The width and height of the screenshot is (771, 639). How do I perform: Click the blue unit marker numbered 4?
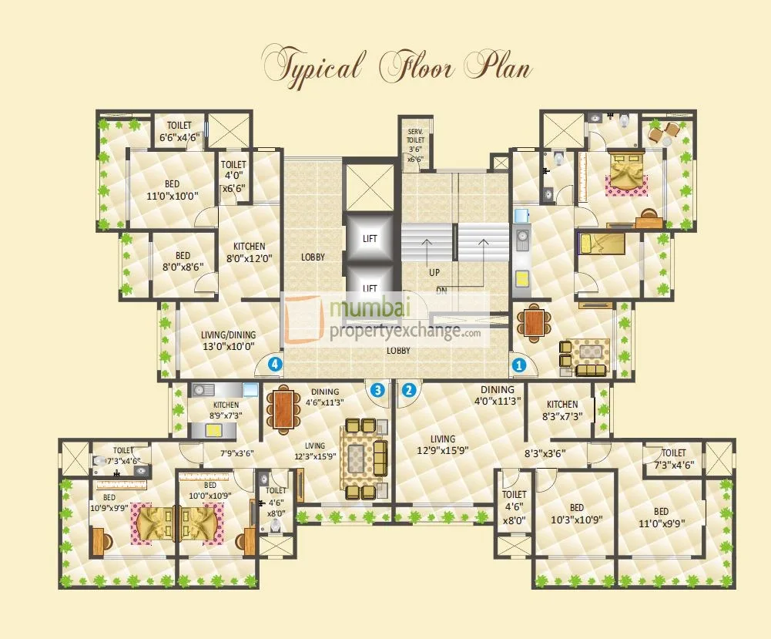[x=274, y=364]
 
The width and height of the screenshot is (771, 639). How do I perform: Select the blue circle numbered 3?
[x=377, y=390]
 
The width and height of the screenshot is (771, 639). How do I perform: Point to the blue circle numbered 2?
[x=409, y=390]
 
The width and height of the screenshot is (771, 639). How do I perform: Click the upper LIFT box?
[x=370, y=239]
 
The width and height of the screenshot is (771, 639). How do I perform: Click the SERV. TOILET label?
[x=415, y=145]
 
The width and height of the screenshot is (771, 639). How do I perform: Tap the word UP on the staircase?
[x=434, y=273]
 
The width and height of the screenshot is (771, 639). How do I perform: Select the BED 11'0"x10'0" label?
[x=172, y=190]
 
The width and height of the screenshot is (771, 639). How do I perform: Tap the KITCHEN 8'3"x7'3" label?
[x=562, y=410]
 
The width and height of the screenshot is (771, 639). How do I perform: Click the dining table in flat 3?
[x=283, y=409]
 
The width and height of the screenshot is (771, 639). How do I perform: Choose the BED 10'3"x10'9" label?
[x=576, y=515]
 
